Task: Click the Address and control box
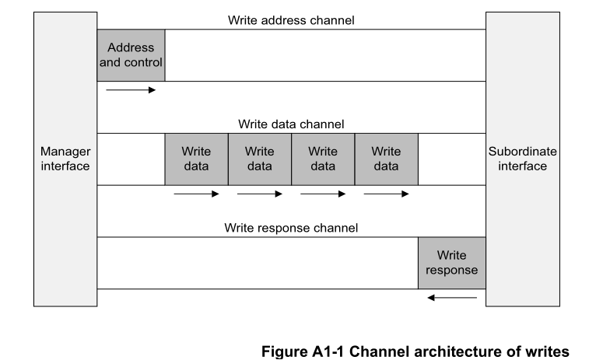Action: click(131, 55)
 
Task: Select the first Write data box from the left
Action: click(196, 159)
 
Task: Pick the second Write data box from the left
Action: click(260, 159)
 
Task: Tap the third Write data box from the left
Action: click(323, 159)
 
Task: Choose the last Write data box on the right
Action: click(386, 159)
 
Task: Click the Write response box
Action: click(451, 263)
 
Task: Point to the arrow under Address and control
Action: click(131, 90)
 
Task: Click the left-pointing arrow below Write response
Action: click(451, 297)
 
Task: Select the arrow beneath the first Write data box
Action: click(196, 194)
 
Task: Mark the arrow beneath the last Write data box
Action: click(386, 194)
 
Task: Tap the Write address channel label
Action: click(291, 20)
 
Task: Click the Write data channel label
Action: click(291, 124)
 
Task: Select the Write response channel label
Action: click(291, 228)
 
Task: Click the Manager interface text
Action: click(65, 159)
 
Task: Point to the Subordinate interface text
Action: click(522, 159)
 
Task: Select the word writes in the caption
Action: click(539, 351)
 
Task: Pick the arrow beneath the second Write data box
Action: click(260, 194)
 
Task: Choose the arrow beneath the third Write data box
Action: click(323, 194)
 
